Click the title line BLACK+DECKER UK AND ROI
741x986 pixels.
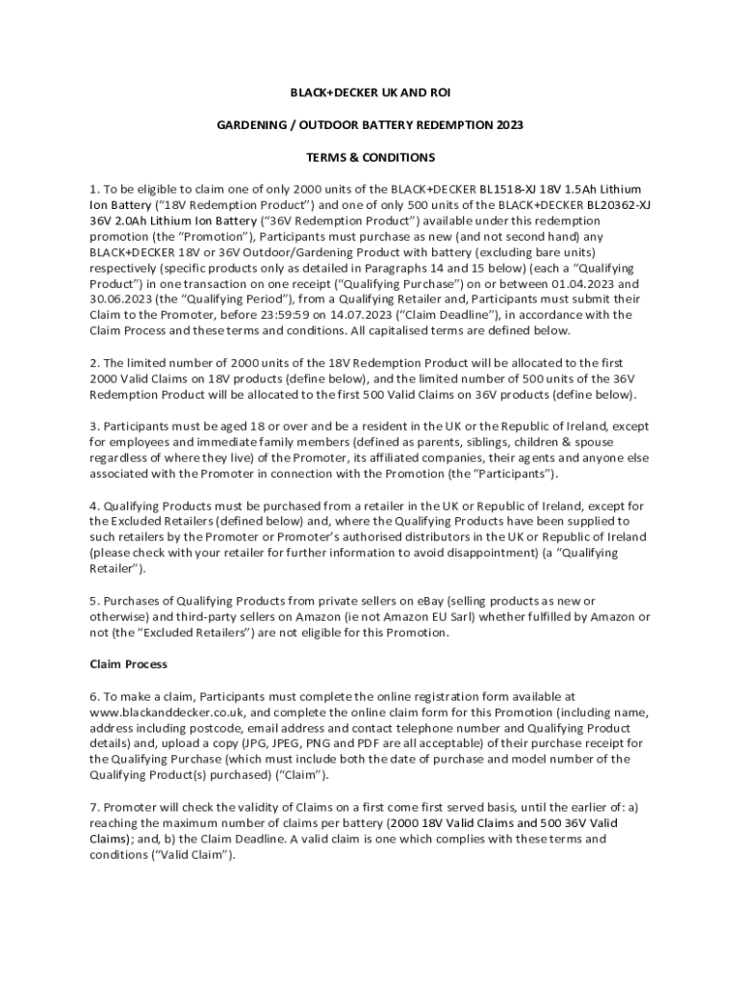pos(370,92)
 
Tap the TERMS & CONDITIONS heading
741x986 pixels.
pos(370,157)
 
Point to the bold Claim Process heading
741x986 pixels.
pos(128,664)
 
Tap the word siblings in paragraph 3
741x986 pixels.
pos(449,442)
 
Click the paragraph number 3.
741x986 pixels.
pos(93,427)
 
